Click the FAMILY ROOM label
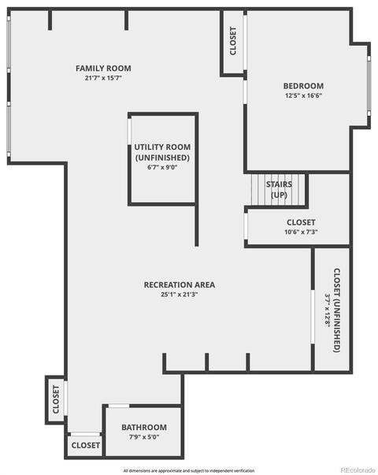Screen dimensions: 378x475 (103, 69)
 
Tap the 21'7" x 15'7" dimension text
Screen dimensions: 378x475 (103, 78)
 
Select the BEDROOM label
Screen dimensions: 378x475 (303, 86)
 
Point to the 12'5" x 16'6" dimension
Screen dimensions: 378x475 (303, 95)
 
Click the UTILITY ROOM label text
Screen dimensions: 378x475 (162, 147)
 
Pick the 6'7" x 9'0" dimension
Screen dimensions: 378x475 (162, 167)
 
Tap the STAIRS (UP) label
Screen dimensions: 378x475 (279, 190)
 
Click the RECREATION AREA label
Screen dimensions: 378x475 (180, 285)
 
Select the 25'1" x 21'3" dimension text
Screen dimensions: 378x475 (180, 295)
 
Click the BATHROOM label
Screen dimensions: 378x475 (144, 428)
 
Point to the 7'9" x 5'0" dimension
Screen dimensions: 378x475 (144, 437)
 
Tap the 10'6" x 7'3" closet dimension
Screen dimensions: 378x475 (301, 232)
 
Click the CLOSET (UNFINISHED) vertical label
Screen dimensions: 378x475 (337, 310)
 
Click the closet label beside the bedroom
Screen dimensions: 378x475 (233, 41)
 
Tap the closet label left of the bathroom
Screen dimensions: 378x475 (86, 445)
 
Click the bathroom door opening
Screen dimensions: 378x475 (119, 406)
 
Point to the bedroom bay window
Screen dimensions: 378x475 (369, 86)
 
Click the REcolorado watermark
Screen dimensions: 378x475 (358, 470)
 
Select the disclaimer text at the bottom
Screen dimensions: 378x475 (189, 471)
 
